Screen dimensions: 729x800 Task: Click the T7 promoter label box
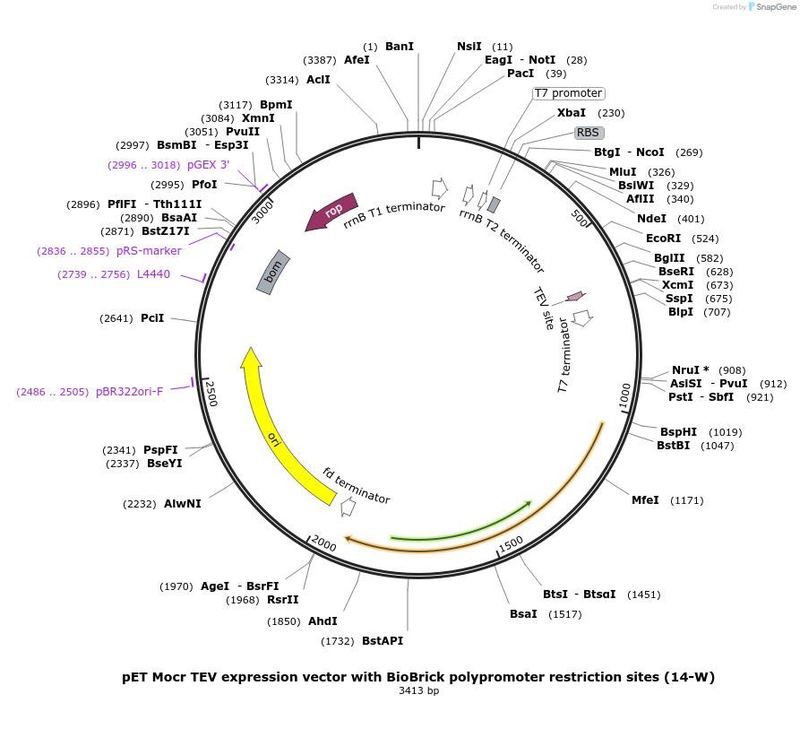(569, 93)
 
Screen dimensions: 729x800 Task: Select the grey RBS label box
(588, 132)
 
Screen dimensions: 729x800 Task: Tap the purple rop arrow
(331, 213)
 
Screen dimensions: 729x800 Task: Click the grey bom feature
(274, 271)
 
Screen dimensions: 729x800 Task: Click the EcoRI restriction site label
(664, 239)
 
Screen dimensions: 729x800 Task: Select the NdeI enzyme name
(651, 219)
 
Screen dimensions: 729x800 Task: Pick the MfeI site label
(645, 500)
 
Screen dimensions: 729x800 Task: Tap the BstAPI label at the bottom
(383, 641)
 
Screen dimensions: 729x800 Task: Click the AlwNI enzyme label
(183, 504)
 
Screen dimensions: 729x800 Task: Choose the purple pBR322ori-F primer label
(130, 392)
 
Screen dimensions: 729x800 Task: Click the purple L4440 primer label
(153, 274)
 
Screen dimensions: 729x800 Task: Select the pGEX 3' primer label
(208, 165)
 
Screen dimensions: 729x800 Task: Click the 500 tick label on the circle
(579, 218)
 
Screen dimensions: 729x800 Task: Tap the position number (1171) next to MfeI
(688, 500)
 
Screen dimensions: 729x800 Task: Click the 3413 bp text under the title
(418, 690)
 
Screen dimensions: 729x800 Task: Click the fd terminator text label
(357, 485)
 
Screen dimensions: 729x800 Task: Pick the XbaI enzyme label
(572, 113)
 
